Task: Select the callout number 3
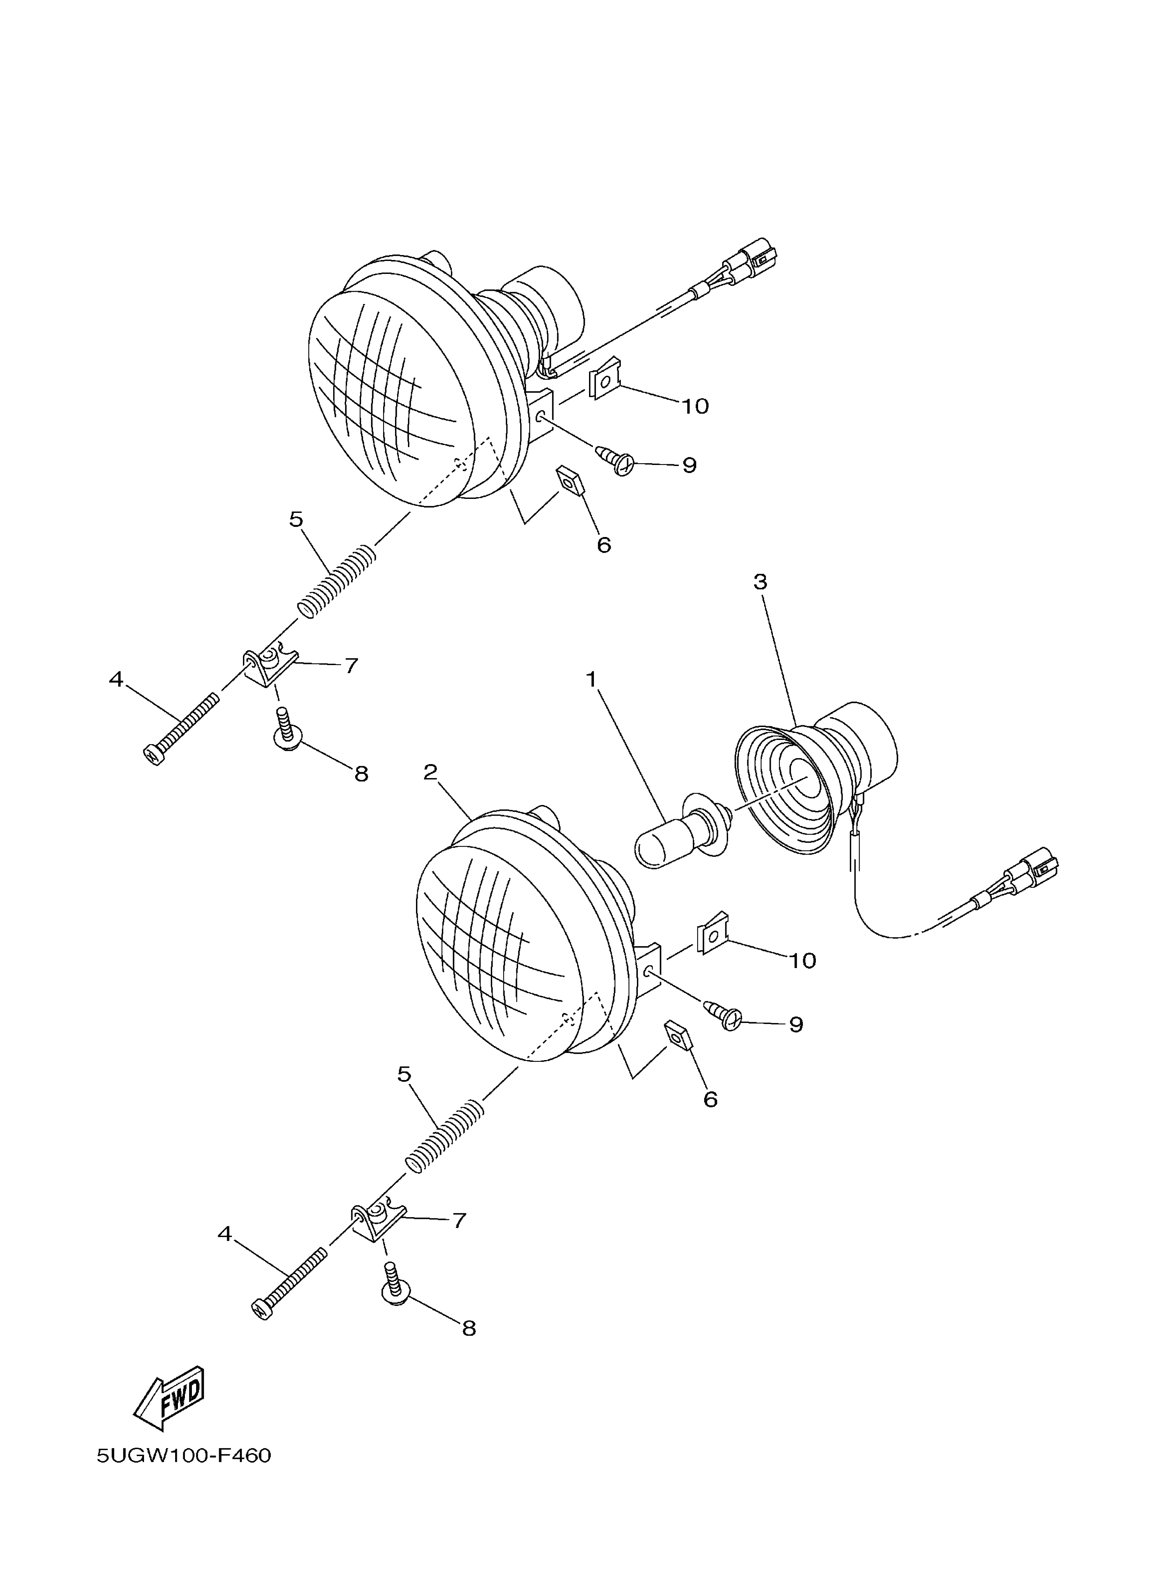click(760, 581)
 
